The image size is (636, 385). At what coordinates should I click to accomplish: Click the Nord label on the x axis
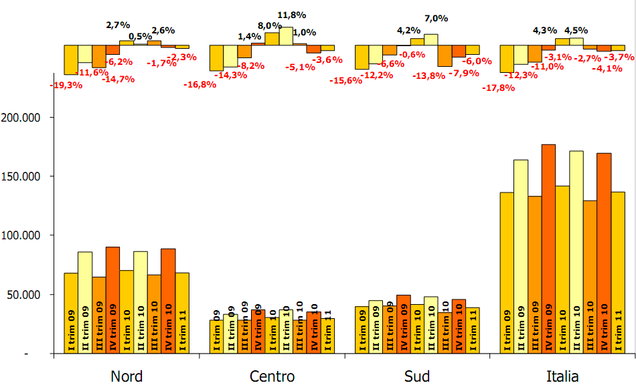coord(127,376)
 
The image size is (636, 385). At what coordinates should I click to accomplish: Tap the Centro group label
coord(272,376)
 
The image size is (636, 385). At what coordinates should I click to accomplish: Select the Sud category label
coord(417,376)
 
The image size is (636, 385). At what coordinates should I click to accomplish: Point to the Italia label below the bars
coord(562,376)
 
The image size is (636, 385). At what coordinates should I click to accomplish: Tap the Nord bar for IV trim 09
coord(112,300)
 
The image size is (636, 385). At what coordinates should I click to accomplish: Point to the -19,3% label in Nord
coord(66,86)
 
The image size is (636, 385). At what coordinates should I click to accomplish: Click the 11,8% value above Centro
coord(293,14)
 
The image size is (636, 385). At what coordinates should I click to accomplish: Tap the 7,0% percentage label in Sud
coord(436,19)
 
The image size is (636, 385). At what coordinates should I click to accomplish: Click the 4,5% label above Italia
coord(576,31)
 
